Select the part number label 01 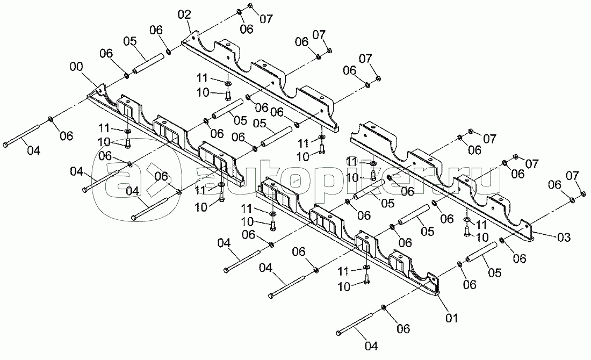tap(452, 318)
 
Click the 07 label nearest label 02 tap(266, 20)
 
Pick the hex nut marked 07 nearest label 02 tap(251, 6)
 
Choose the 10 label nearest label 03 tap(481, 236)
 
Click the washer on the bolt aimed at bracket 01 tap(384, 307)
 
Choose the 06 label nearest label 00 tap(106, 53)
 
